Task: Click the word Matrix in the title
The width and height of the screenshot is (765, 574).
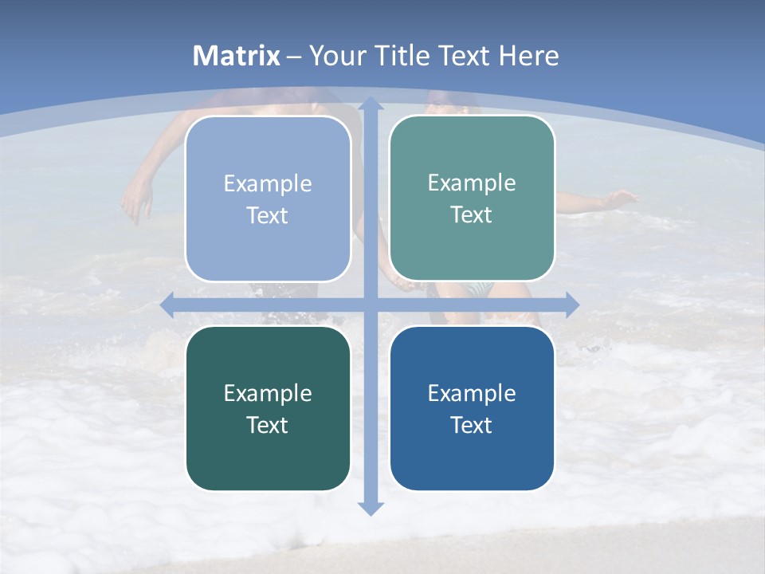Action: pyautogui.click(x=237, y=56)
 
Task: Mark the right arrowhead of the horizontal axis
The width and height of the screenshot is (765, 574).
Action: pyautogui.click(x=572, y=305)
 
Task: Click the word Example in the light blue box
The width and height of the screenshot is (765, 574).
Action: pyautogui.click(x=268, y=184)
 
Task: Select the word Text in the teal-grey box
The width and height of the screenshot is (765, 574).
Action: pyautogui.click(x=472, y=215)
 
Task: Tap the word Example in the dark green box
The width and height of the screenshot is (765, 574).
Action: pyautogui.click(x=268, y=394)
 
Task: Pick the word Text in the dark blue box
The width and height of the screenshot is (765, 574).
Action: pyautogui.click(x=472, y=426)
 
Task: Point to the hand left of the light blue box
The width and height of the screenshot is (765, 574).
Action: pyautogui.click(x=137, y=203)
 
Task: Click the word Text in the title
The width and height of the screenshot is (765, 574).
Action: pyautogui.click(x=465, y=56)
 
